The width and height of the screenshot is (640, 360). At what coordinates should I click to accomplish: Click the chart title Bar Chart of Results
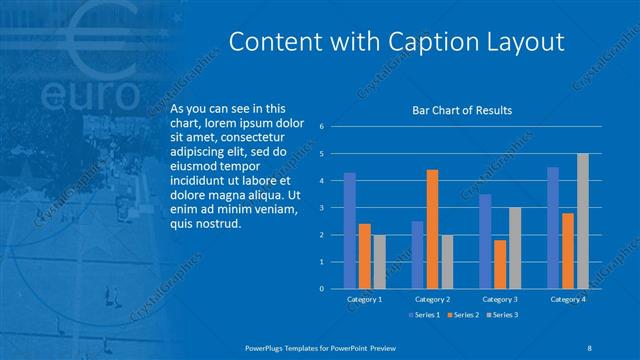pos(462,110)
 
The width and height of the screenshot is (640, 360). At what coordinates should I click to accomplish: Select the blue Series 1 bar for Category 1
pos(350,231)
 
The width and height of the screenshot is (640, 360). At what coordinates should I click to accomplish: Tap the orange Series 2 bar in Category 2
pos(432,229)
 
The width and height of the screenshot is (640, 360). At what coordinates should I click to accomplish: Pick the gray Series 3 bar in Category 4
pos(582,221)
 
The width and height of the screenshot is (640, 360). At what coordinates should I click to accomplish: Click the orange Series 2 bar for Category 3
pos(500,264)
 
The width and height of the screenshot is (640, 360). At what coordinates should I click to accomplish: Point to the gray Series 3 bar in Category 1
pos(379,262)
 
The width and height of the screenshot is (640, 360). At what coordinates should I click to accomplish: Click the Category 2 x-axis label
pos(432,299)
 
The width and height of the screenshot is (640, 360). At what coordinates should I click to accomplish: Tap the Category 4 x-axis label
pos(567,299)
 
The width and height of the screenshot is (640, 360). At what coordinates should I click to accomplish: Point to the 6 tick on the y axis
pos(321,127)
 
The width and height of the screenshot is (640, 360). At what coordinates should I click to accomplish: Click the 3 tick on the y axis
pos(321,208)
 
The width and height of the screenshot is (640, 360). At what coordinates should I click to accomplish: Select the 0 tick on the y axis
pos(321,289)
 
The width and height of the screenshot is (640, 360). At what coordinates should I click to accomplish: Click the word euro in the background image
pos(90,95)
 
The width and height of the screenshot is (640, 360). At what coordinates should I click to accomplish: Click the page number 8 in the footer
pos(590,347)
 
